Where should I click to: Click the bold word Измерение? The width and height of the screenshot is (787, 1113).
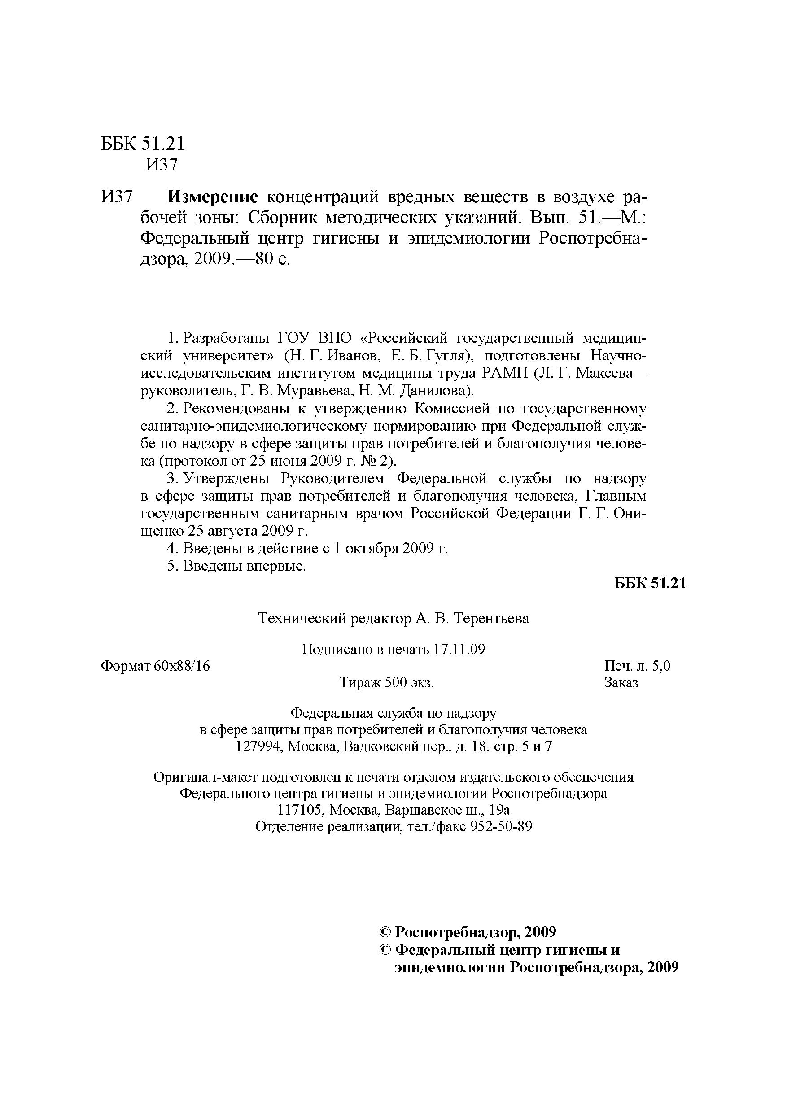212,197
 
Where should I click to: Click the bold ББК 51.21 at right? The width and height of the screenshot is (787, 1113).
650,583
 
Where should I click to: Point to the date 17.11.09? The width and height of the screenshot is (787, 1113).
459,650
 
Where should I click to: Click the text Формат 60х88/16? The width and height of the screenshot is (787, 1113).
155,666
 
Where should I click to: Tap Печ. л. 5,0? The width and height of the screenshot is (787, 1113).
637,666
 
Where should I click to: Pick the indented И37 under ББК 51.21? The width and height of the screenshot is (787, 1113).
162,165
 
